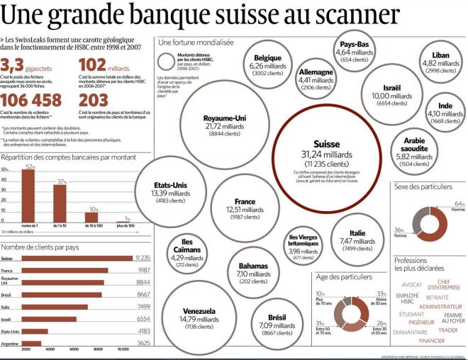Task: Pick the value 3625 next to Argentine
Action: point(141,344)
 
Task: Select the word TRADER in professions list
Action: point(447,330)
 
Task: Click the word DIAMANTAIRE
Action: point(411,332)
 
